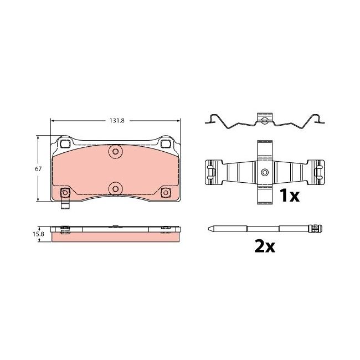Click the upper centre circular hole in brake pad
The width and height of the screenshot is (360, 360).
[115, 151]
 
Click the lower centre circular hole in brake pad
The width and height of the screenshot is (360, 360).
[115, 189]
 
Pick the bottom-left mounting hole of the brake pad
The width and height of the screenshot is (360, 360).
[64, 193]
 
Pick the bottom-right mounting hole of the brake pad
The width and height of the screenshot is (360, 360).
[166, 193]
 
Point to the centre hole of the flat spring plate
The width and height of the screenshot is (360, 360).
[264, 173]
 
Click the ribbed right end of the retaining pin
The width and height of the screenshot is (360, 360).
[317, 229]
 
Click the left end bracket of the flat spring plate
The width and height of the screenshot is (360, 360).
[210, 173]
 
